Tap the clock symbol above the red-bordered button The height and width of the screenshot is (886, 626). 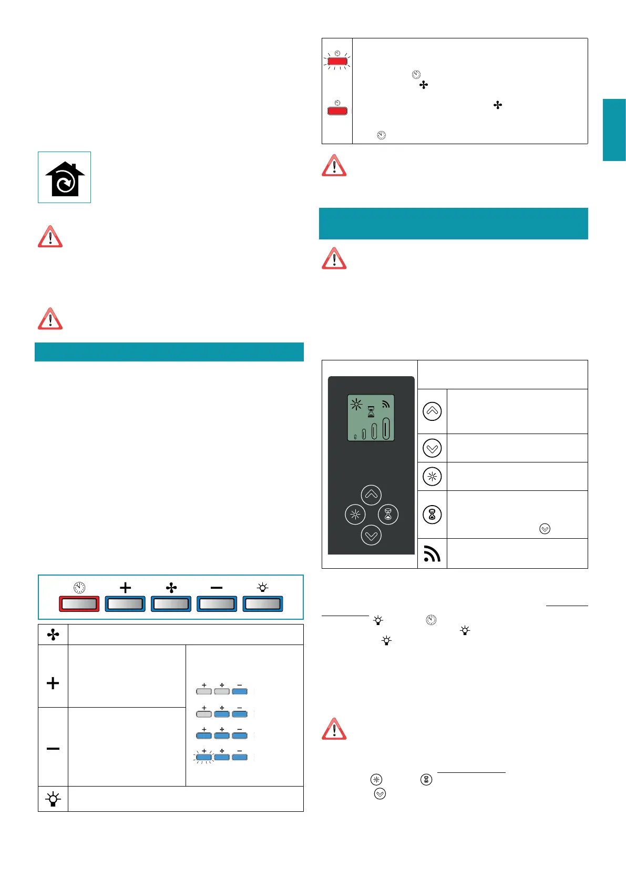[x=79, y=588]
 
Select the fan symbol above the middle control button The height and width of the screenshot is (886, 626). [x=171, y=588]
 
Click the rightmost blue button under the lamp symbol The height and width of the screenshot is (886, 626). [x=263, y=604]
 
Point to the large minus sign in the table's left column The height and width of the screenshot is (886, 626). [x=53, y=748]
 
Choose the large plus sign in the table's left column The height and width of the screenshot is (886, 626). [x=53, y=683]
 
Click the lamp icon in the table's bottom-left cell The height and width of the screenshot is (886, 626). [x=53, y=799]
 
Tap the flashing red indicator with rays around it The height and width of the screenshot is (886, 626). [x=337, y=62]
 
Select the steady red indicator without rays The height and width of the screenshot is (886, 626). [x=337, y=110]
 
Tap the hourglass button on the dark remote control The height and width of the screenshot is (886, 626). [x=388, y=515]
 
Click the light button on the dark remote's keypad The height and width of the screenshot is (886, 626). [x=355, y=515]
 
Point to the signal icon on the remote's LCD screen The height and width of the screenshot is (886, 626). [x=386, y=404]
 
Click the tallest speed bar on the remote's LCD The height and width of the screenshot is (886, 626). [x=386, y=428]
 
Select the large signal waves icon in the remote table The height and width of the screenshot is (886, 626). [x=432, y=553]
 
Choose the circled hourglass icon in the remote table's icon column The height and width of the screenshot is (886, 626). [x=432, y=515]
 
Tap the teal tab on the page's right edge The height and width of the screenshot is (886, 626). [x=614, y=129]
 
